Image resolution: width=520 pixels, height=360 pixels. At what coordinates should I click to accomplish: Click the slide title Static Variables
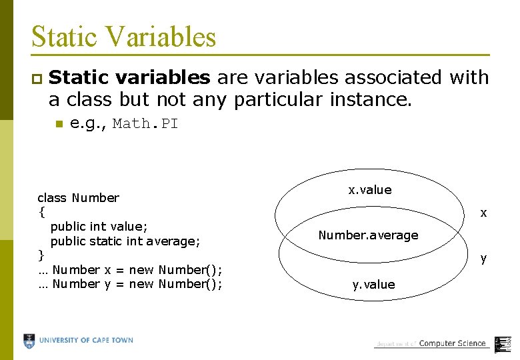[123, 36]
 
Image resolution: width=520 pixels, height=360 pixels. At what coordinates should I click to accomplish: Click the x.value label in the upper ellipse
[370, 190]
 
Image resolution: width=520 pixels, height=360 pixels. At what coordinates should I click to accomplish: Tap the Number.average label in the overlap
[368, 235]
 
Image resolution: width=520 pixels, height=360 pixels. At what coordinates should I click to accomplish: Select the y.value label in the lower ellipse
[373, 285]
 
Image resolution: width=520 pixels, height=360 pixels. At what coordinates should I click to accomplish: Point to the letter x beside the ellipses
[483, 213]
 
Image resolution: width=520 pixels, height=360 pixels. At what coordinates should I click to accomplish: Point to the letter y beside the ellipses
[483, 258]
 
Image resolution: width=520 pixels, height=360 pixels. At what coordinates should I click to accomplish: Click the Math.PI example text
[145, 124]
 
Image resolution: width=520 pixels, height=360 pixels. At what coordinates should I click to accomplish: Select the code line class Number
[78, 197]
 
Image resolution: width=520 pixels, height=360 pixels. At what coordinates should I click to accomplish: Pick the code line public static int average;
[125, 241]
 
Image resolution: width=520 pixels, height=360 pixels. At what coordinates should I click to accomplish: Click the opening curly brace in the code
[41, 212]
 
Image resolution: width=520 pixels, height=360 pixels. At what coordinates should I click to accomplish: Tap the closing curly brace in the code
[41, 255]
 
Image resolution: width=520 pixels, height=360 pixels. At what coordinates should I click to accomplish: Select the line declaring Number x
[130, 270]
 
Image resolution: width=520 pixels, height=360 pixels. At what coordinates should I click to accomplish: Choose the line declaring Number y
[130, 285]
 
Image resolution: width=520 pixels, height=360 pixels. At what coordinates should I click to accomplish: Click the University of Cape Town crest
[29, 341]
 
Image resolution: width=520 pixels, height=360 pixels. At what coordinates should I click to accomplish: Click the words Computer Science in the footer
[452, 343]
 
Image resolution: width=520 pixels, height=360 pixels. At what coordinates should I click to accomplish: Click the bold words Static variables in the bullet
[129, 78]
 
